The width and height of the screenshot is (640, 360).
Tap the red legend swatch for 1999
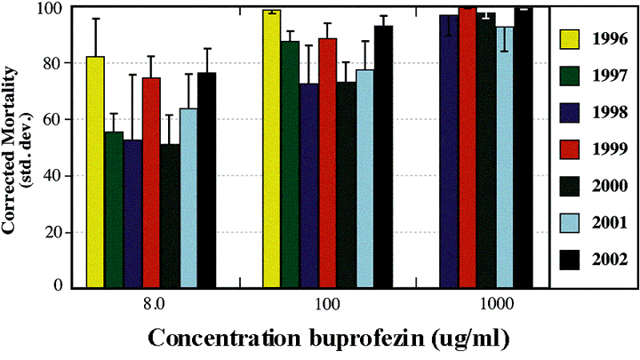click(569, 148)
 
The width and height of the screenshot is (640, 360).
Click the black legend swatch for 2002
click(569, 259)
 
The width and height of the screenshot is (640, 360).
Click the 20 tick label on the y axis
click(65, 232)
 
